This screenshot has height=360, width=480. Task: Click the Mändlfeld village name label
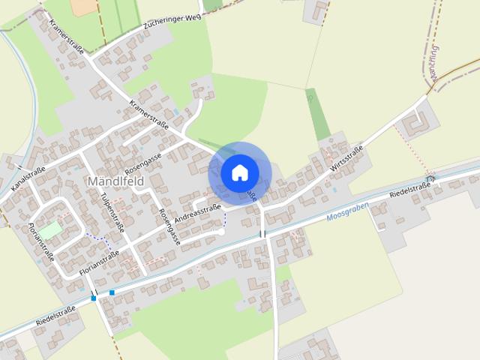click(x=115, y=182)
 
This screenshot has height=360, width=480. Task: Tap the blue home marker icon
click(x=239, y=172)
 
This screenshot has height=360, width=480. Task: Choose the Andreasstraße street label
click(x=197, y=214)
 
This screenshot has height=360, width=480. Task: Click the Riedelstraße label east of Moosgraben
click(x=410, y=190)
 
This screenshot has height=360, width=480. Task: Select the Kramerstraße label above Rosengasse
click(x=148, y=113)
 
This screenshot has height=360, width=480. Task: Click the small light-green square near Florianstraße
click(x=50, y=230)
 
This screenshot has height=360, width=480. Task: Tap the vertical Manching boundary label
click(x=433, y=63)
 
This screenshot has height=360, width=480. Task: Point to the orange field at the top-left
click(x=85, y=7)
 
